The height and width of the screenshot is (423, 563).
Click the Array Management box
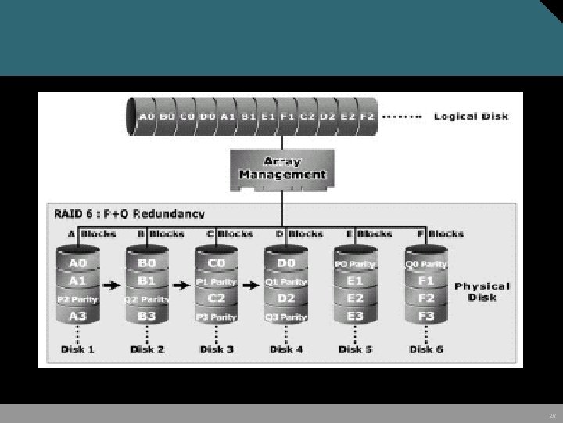281,168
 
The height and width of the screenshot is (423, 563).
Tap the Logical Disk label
471,117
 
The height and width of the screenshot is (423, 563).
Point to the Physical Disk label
482,291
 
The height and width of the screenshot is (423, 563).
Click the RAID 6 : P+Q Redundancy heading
130,213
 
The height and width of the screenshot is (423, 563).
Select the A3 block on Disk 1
77,315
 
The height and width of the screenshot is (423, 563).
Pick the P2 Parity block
77,298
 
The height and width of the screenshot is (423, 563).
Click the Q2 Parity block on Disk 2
147,298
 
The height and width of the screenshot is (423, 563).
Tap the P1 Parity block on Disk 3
216,281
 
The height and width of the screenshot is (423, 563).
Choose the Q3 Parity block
285,316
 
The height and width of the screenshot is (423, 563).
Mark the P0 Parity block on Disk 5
355,264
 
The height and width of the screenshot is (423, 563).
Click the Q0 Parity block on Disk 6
425,264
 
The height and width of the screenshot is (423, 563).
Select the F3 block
425,316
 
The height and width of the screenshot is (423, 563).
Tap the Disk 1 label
77,349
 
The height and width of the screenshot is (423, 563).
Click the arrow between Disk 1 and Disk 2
111,285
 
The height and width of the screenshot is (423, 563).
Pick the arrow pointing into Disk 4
250,285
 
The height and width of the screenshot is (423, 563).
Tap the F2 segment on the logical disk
367,117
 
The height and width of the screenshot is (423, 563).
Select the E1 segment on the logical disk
268,117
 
